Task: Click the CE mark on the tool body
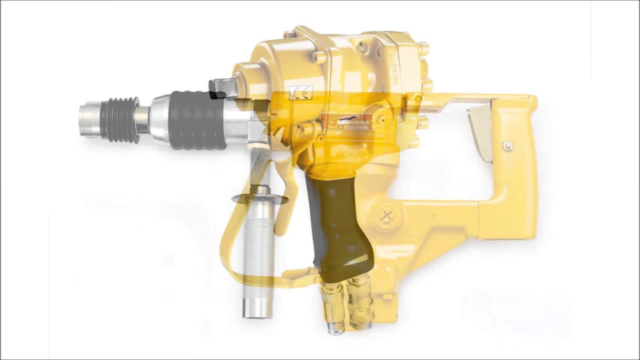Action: (x=301, y=92)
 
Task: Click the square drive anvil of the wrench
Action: (x=223, y=88)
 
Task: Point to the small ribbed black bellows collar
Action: (x=120, y=120)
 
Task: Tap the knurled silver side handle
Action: (x=258, y=260)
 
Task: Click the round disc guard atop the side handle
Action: (x=260, y=199)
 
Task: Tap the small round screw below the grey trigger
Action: (x=508, y=146)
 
